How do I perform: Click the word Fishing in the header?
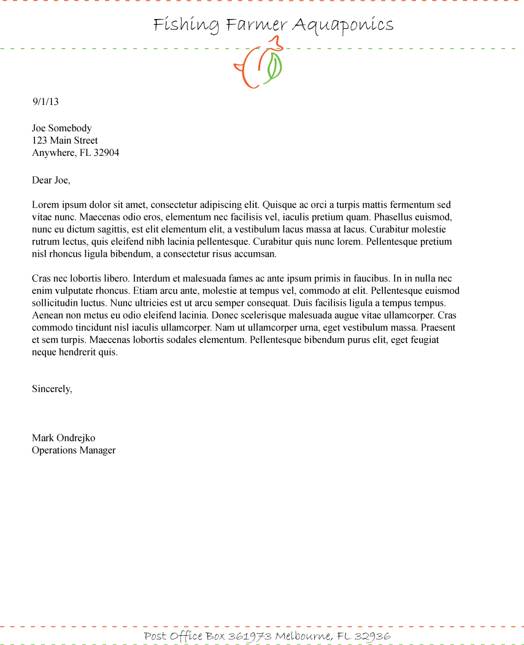tap(186, 25)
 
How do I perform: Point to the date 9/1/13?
tap(45, 102)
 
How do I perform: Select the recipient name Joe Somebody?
tap(62, 128)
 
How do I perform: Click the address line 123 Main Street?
tap(65, 141)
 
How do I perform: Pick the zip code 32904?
tap(106, 153)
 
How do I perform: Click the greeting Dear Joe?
tap(51, 180)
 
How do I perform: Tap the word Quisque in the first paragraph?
tap(280, 205)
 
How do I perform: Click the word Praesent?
tap(438, 328)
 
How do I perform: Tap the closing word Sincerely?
tap(52, 389)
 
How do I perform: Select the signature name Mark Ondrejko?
tap(64, 438)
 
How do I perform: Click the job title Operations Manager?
tap(74, 450)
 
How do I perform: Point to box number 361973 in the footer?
tap(250, 636)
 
